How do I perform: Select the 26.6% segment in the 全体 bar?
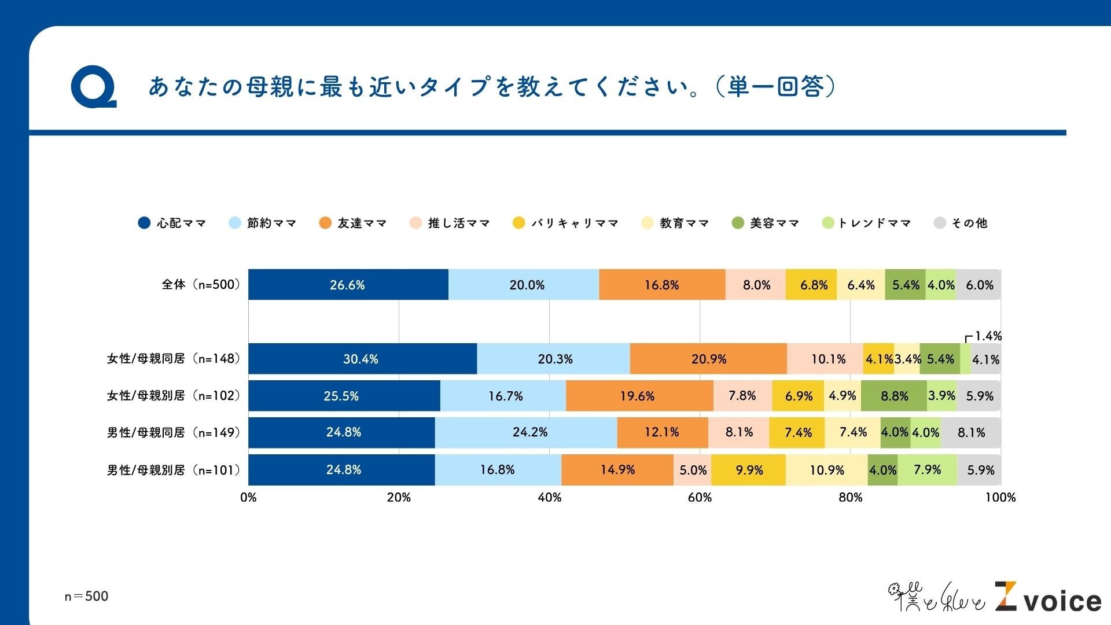tap(348, 285)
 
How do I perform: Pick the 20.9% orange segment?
tap(708, 359)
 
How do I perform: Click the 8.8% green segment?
tap(894, 396)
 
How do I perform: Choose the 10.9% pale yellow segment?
tap(826, 470)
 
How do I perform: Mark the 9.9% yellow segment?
tap(748, 470)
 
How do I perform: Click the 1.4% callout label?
tap(988, 336)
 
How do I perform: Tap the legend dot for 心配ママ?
tap(144, 223)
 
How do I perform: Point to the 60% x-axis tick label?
tap(700, 498)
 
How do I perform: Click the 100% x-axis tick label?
tap(1000, 498)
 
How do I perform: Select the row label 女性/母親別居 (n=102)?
tap(173, 396)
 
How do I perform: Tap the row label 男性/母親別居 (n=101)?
tap(173, 470)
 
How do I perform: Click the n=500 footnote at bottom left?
tap(86, 596)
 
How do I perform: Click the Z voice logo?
tap(1048, 598)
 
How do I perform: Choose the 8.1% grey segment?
tap(970, 432)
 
